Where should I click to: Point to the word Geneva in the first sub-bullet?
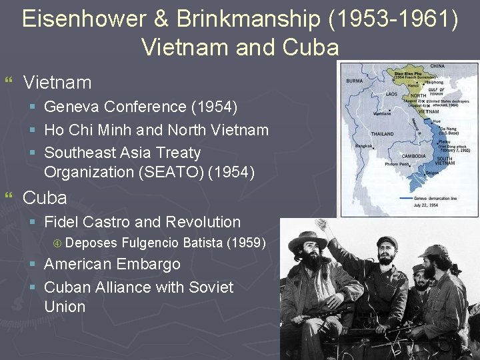(x=73, y=107)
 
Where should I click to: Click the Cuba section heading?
(x=45, y=198)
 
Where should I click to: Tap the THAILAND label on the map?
(x=383, y=134)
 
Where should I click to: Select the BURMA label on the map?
(x=354, y=82)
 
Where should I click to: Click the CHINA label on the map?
(x=437, y=67)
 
